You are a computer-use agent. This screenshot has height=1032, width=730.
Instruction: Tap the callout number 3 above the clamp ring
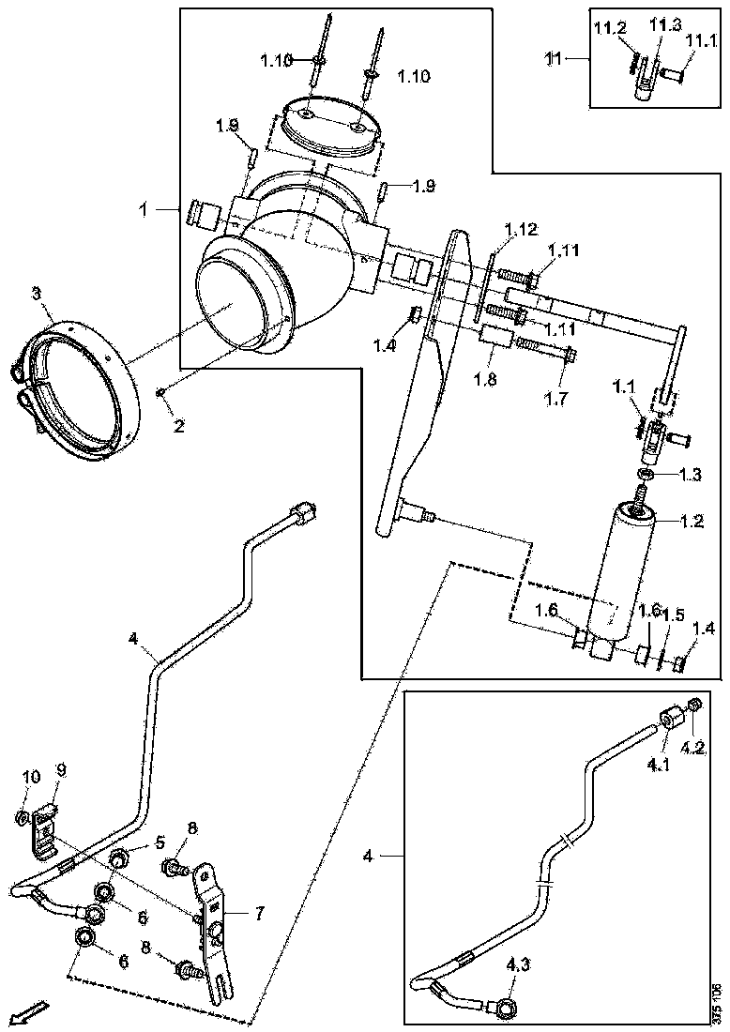[x=36, y=295]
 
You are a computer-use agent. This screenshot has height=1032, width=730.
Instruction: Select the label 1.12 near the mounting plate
[x=521, y=230]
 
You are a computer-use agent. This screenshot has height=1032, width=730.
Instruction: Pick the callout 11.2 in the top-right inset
[x=608, y=29]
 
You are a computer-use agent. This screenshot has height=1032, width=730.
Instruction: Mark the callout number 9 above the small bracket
[x=61, y=770]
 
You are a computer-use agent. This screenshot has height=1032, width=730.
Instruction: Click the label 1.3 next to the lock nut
[x=690, y=475]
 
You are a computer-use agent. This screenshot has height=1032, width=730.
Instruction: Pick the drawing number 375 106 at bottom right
[x=716, y=1003]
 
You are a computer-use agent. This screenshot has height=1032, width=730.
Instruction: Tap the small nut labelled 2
[x=162, y=390]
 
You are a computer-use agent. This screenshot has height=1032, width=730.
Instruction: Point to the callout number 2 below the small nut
[x=179, y=424]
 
